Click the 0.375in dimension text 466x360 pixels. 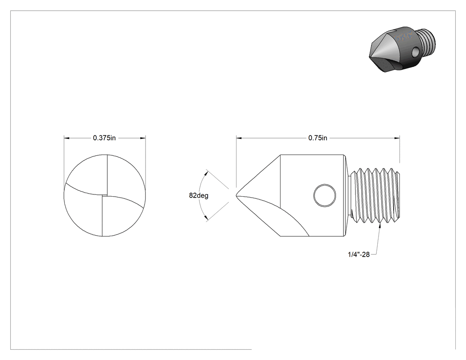click(x=104, y=138)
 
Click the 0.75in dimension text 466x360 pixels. click(x=318, y=138)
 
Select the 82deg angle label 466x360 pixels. click(x=198, y=196)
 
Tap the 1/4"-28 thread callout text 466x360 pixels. click(x=359, y=254)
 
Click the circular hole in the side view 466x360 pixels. click(x=325, y=196)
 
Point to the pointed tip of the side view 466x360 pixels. click(x=237, y=195)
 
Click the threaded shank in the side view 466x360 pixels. click(x=375, y=195)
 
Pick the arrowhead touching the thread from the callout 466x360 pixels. click(x=380, y=225)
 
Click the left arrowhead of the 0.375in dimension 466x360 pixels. click(x=67, y=138)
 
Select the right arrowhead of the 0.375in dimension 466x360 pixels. click(x=143, y=138)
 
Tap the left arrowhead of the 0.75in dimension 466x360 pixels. click(x=239, y=138)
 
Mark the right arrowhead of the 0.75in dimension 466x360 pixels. click(x=397, y=138)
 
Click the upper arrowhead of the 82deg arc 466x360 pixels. click(x=206, y=172)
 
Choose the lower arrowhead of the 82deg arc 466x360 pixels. click(x=206, y=219)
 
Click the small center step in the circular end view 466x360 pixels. click(x=104, y=195)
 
